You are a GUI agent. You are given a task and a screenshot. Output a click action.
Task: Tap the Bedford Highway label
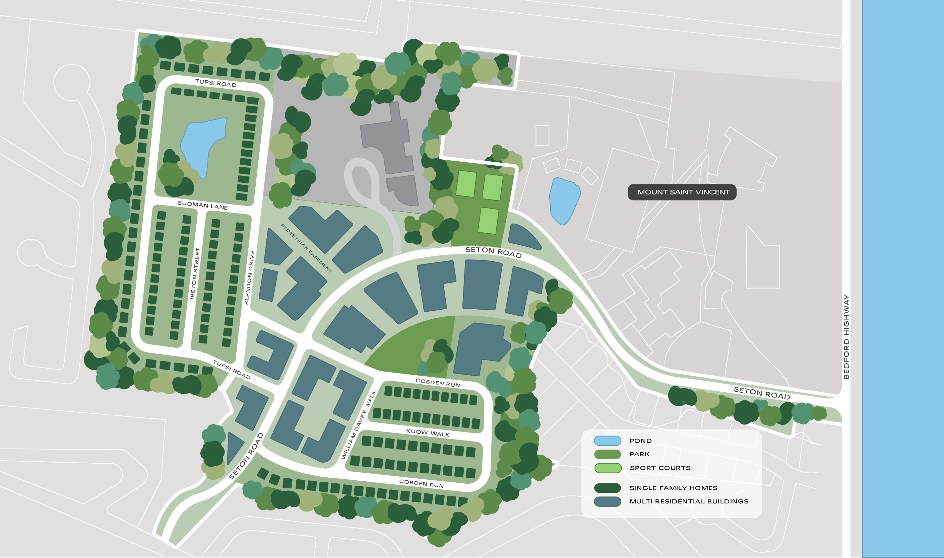click(846, 336)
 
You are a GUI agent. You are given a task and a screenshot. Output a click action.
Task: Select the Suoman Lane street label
click(202, 205)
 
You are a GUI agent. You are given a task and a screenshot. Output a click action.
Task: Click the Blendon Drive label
click(250, 277)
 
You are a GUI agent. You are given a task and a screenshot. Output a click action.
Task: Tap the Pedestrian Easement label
click(306, 248)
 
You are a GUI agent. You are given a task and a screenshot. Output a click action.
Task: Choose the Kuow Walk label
click(428, 432)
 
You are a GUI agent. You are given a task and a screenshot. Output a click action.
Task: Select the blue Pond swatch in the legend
click(607, 440)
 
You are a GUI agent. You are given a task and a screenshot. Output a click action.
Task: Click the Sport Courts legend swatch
click(607, 468)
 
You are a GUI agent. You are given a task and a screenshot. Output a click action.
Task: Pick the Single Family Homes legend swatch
click(607, 488)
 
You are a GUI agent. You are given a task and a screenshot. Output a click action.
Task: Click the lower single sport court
click(489, 220)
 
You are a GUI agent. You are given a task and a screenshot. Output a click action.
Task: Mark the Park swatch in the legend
click(607, 454)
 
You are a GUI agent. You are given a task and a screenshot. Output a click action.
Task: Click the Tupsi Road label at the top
click(216, 83)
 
